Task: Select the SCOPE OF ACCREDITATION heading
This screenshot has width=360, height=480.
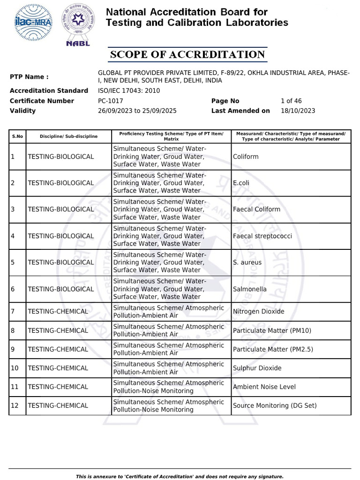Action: click(187, 55)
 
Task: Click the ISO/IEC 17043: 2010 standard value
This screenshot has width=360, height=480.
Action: click(129, 90)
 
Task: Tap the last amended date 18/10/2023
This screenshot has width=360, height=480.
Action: click(298, 111)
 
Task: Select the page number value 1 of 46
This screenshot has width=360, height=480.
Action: click(291, 101)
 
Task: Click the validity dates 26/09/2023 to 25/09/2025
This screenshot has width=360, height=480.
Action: click(137, 111)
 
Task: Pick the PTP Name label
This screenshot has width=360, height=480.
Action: click(29, 77)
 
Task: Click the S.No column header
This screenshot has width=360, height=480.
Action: click(17, 136)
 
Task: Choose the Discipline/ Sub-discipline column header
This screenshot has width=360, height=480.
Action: click(68, 136)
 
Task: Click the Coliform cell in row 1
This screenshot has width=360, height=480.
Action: click(246, 157)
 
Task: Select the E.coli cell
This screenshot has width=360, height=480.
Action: click(241, 183)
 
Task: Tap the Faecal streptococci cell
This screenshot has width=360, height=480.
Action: click(262, 236)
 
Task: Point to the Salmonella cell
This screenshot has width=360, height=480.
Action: click(249, 289)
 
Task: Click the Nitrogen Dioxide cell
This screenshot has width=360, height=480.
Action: click(258, 312)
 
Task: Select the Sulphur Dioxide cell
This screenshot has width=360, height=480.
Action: click(257, 368)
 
